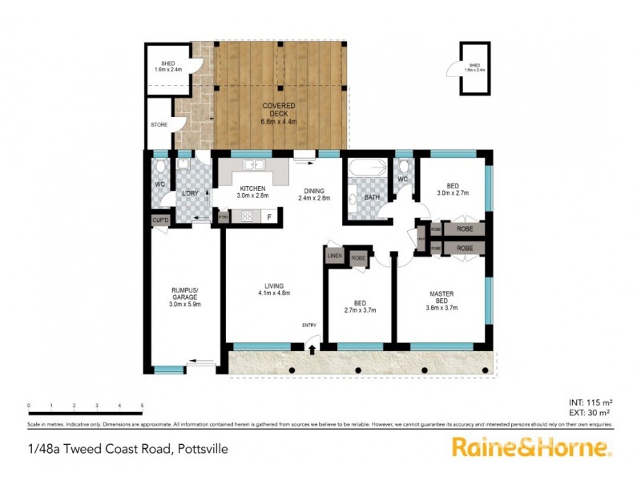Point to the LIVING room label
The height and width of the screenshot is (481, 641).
[x=274, y=289]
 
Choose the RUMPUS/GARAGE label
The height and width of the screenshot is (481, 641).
[x=184, y=297]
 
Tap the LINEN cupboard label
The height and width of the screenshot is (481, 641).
[x=335, y=256]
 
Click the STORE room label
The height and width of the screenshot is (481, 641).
[x=159, y=124]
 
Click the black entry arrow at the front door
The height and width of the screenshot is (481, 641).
[x=312, y=348]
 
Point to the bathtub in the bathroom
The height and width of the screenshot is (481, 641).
[x=363, y=170]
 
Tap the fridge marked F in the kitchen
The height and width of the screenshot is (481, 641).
[x=270, y=216]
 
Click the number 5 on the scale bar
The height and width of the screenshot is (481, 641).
[x=143, y=406]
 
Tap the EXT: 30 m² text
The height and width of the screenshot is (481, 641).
[x=591, y=412]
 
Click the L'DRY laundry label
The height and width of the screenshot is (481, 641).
[x=190, y=193]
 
